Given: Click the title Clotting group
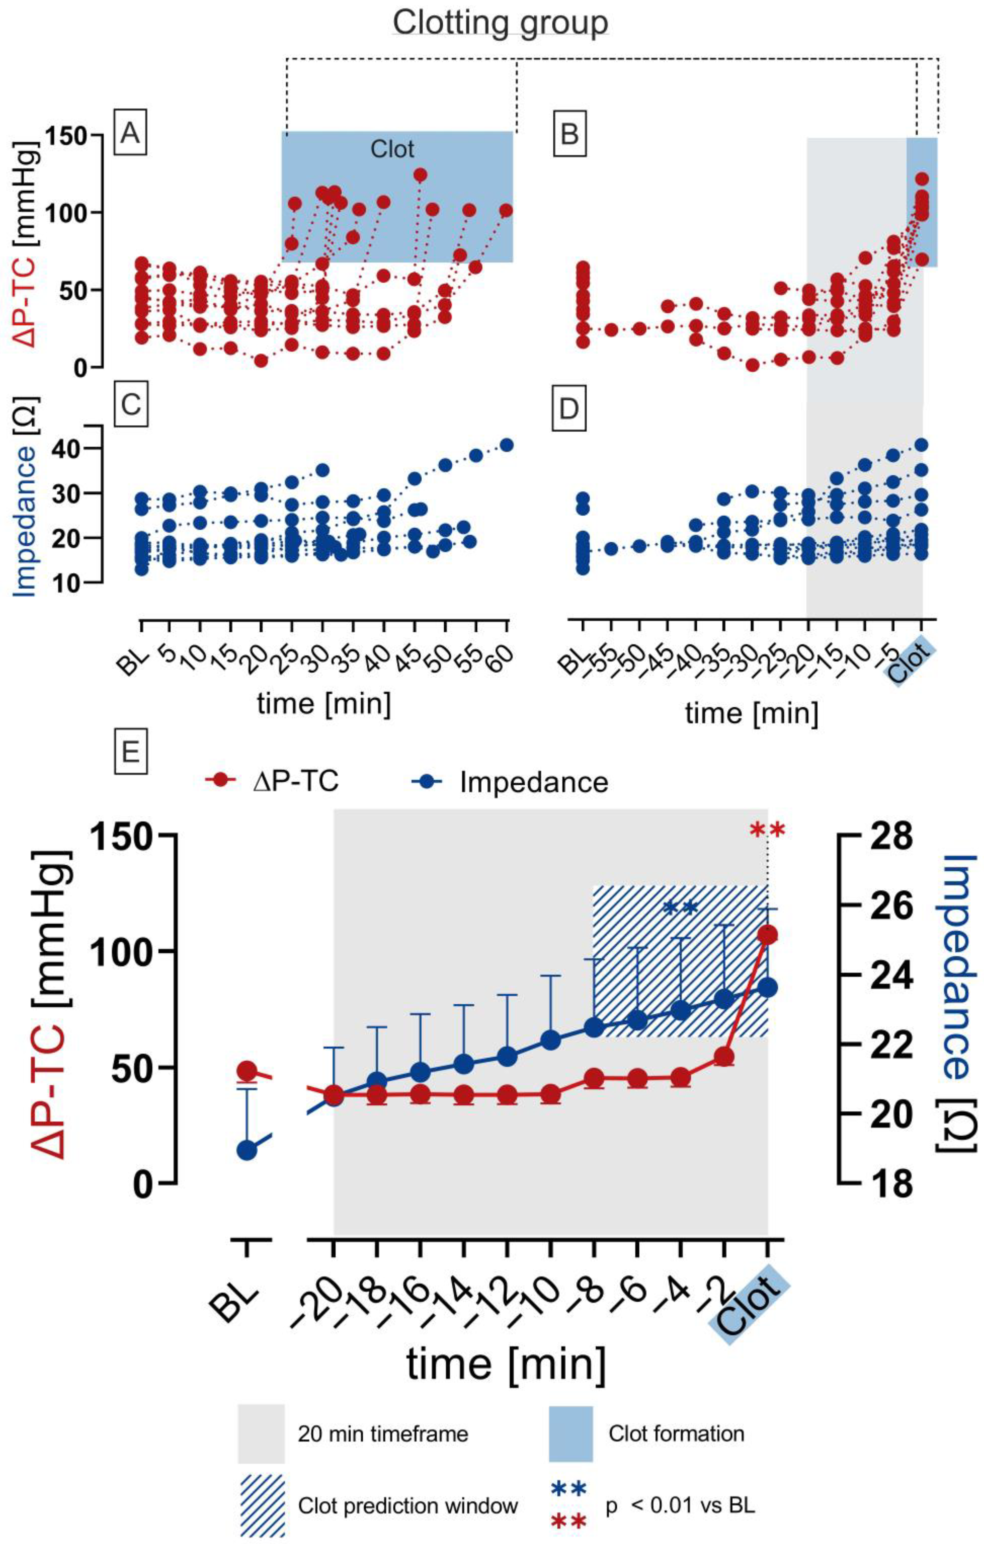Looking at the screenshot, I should click(500, 23).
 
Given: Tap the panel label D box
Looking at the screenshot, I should click(569, 408).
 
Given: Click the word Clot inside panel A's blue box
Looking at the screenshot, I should click(392, 150).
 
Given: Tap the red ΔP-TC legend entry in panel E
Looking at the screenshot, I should click(273, 782).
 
